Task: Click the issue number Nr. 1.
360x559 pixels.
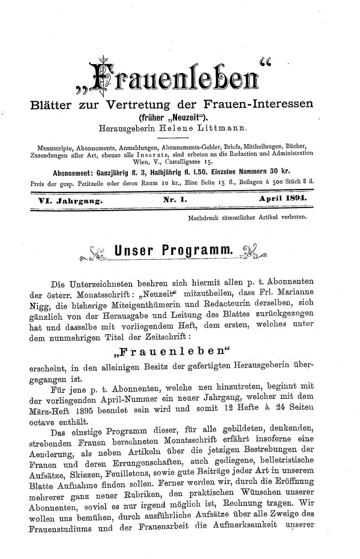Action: (x=175, y=197)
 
